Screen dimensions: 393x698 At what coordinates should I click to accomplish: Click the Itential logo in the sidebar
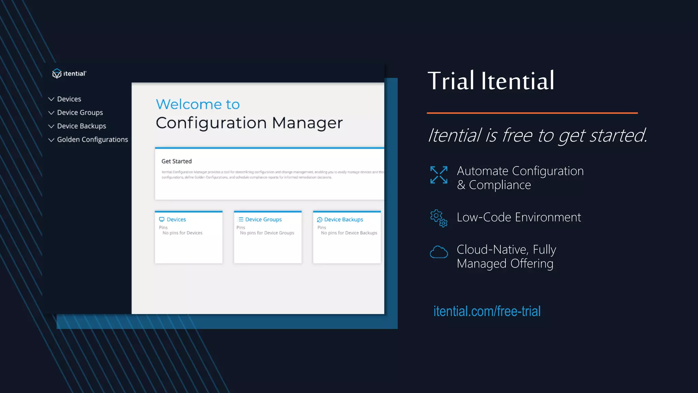[69, 73]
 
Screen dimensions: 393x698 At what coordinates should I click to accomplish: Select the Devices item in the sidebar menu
[69, 99]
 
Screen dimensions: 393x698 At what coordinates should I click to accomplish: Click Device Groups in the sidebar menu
[80, 113]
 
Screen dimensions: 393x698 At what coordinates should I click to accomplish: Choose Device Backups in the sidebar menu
[81, 126]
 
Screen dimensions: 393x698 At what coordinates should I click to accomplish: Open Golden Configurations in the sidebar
[92, 140]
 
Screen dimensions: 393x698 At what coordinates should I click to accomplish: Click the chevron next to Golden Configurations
[51, 140]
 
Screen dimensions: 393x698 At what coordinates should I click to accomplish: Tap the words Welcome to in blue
[198, 104]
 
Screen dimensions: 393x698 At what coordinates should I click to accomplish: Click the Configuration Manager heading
[249, 123]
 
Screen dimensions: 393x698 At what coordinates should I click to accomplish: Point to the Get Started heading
[177, 161]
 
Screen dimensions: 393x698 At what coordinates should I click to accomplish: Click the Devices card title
[176, 219]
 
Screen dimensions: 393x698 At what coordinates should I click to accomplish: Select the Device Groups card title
[263, 219]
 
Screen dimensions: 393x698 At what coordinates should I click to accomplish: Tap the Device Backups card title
[343, 219]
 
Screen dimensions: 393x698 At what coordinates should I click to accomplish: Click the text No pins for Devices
[182, 233]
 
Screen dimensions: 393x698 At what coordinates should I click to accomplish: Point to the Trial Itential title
[491, 81]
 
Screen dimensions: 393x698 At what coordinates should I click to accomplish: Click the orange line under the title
[532, 113]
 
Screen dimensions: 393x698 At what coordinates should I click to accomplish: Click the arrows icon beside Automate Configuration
[439, 175]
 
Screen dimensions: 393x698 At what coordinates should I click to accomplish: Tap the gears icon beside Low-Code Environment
[439, 218]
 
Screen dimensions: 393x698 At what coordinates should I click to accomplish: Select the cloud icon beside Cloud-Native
[439, 252]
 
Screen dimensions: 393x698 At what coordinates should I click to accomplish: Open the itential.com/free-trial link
[487, 311]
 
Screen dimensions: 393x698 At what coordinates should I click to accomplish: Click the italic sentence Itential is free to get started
[537, 135]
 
